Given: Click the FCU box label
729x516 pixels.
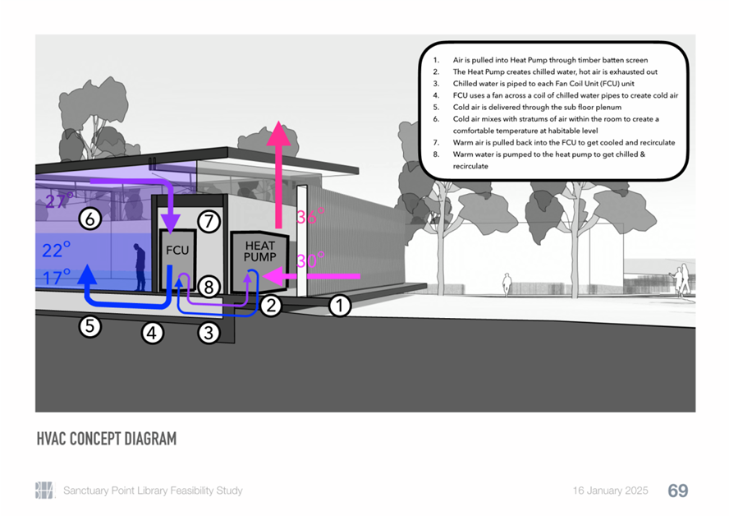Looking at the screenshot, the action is [x=177, y=251].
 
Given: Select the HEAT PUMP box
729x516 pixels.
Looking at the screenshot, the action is [x=259, y=261].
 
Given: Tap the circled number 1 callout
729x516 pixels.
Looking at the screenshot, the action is [x=339, y=306].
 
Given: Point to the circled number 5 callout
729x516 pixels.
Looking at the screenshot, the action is [x=89, y=326].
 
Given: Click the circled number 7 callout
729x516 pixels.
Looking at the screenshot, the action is [x=209, y=222].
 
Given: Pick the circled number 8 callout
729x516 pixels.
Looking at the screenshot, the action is [x=209, y=287].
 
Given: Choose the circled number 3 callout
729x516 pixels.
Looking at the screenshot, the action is [x=209, y=333].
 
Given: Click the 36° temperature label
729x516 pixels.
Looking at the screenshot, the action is [x=310, y=216].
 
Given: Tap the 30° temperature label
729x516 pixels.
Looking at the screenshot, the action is [x=310, y=260].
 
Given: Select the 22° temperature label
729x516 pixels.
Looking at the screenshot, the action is [x=57, y=250].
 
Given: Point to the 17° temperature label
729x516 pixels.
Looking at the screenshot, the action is [x=57, y=277].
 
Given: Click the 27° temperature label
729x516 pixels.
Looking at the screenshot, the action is [x=59, y=200].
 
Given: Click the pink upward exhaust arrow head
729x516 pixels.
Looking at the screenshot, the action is [x=278, y=133].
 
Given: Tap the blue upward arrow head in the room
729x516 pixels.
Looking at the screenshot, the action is [x=87, y=274].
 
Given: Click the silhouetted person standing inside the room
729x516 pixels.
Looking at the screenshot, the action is [x=140, y=267].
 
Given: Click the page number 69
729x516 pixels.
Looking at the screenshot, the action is [x=678, y=491].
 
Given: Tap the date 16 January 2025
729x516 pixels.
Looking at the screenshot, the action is [x=611, y=491].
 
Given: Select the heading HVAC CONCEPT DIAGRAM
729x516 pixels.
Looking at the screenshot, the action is [x=107, y=439].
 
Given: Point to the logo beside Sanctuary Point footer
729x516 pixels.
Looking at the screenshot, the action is [x=44, y=491].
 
